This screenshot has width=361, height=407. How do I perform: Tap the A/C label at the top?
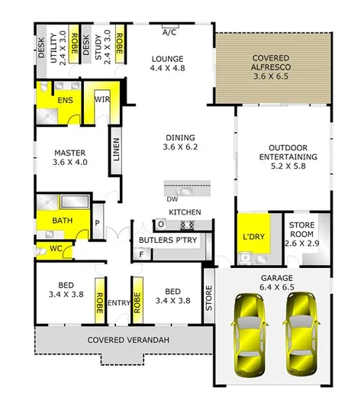[170, 33]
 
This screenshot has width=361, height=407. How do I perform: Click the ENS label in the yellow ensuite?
[65, 101]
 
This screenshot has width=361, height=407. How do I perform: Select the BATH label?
[62, 221]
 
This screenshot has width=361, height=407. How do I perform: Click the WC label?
[56, 248]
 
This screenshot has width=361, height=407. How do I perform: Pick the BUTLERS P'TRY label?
[166, 241]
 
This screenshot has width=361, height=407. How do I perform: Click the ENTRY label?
[119, 303]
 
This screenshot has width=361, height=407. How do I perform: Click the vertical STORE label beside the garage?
[209, 299]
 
